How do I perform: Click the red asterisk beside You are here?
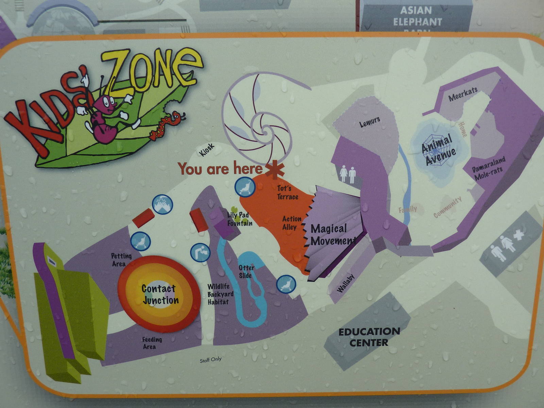point(274,170)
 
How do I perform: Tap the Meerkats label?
point(463,94)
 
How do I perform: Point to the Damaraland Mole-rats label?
point(488,169)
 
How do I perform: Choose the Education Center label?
point(369,337)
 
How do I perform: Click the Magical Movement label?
point(332,235)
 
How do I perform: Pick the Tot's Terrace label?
point(287,192)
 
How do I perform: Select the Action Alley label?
point(291,223)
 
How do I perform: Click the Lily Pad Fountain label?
point(240,219)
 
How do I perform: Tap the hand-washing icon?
point(163,204)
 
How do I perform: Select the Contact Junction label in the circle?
point(160,294)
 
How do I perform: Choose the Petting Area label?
point(121,260)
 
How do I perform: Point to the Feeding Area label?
point(152,343)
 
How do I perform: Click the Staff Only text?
point(210,359)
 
